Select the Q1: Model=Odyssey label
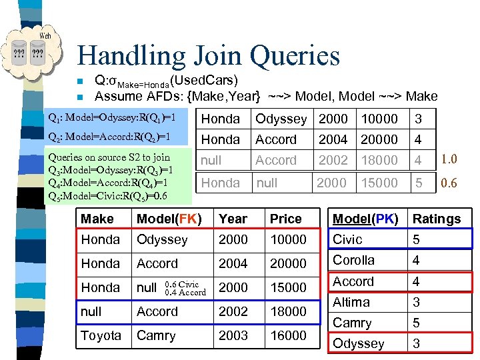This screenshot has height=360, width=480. point(112,118)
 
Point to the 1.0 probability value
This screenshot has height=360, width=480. point(448,160)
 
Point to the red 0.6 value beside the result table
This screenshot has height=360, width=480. point(448,183)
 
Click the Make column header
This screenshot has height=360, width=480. point(97,219)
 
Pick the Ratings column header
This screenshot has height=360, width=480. point(437,219)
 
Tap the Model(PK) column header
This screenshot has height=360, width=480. point(365,219)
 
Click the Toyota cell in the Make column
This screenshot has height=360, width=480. point(101,335)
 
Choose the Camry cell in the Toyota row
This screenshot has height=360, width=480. point(157,335)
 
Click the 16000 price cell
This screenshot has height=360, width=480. point(288,335)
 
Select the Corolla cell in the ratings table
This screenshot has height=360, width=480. point(354,260)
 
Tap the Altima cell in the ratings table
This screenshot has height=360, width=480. point(351,302)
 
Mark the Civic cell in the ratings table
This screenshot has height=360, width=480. point(347,239)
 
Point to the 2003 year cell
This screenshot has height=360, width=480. point(233,335)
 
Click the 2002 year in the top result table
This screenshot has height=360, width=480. point(333,160)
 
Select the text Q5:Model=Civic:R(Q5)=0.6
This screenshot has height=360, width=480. point(107,196)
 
